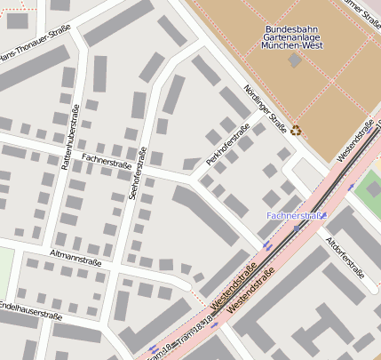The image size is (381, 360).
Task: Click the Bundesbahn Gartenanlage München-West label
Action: click(x=296, y=36)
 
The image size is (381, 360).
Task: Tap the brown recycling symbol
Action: click(x=296, y=130)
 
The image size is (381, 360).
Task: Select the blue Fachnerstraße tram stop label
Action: click(x=297, y=216)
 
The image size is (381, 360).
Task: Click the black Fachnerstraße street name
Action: click(x=106, y=161)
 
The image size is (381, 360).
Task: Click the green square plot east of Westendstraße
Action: click(x=371, y=188)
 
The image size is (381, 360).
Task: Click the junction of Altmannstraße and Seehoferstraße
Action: click(x=127, y=268)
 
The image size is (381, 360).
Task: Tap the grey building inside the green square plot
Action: click(x=373, y=188)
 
